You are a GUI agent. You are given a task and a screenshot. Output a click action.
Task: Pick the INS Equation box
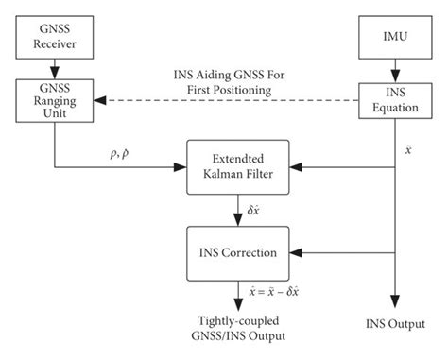[x=393, y=102]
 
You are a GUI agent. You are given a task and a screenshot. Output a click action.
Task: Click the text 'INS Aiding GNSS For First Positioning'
[x=224, y=82]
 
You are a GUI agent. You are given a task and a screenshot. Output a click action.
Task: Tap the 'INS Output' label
[x=393, y=325]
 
